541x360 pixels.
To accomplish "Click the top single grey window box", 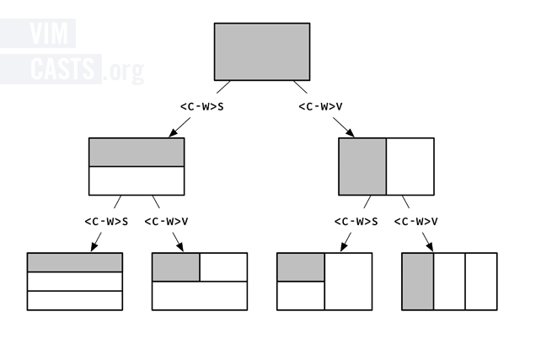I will [262, 51].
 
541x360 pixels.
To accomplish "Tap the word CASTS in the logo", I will [64, 70].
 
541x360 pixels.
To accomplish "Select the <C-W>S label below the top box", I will [202, 106].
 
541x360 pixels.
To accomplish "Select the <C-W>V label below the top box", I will [320, 106].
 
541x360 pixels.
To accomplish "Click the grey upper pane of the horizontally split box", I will [137, 153].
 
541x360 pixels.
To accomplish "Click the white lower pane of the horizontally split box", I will [137, 180].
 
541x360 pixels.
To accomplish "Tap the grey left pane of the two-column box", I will [362, 166].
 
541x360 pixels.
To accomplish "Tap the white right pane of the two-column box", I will [410, 166].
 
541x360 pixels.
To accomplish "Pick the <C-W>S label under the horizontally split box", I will [106, 222].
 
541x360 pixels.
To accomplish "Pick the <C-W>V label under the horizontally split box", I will [166, 222].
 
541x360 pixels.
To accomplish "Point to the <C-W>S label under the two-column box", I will [356, 222].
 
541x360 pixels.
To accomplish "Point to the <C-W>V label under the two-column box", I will [416, 222].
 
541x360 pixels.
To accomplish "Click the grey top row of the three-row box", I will [74, 262].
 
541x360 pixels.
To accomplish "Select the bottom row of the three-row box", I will [74, 300].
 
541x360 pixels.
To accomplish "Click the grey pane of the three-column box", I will [418, 282].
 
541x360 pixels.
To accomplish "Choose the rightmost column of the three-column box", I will [481, 282].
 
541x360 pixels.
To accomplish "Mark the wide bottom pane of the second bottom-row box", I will [200, 295].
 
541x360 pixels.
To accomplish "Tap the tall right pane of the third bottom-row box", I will [348, 282].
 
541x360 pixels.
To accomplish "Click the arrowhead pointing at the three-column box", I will [429, 248].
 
